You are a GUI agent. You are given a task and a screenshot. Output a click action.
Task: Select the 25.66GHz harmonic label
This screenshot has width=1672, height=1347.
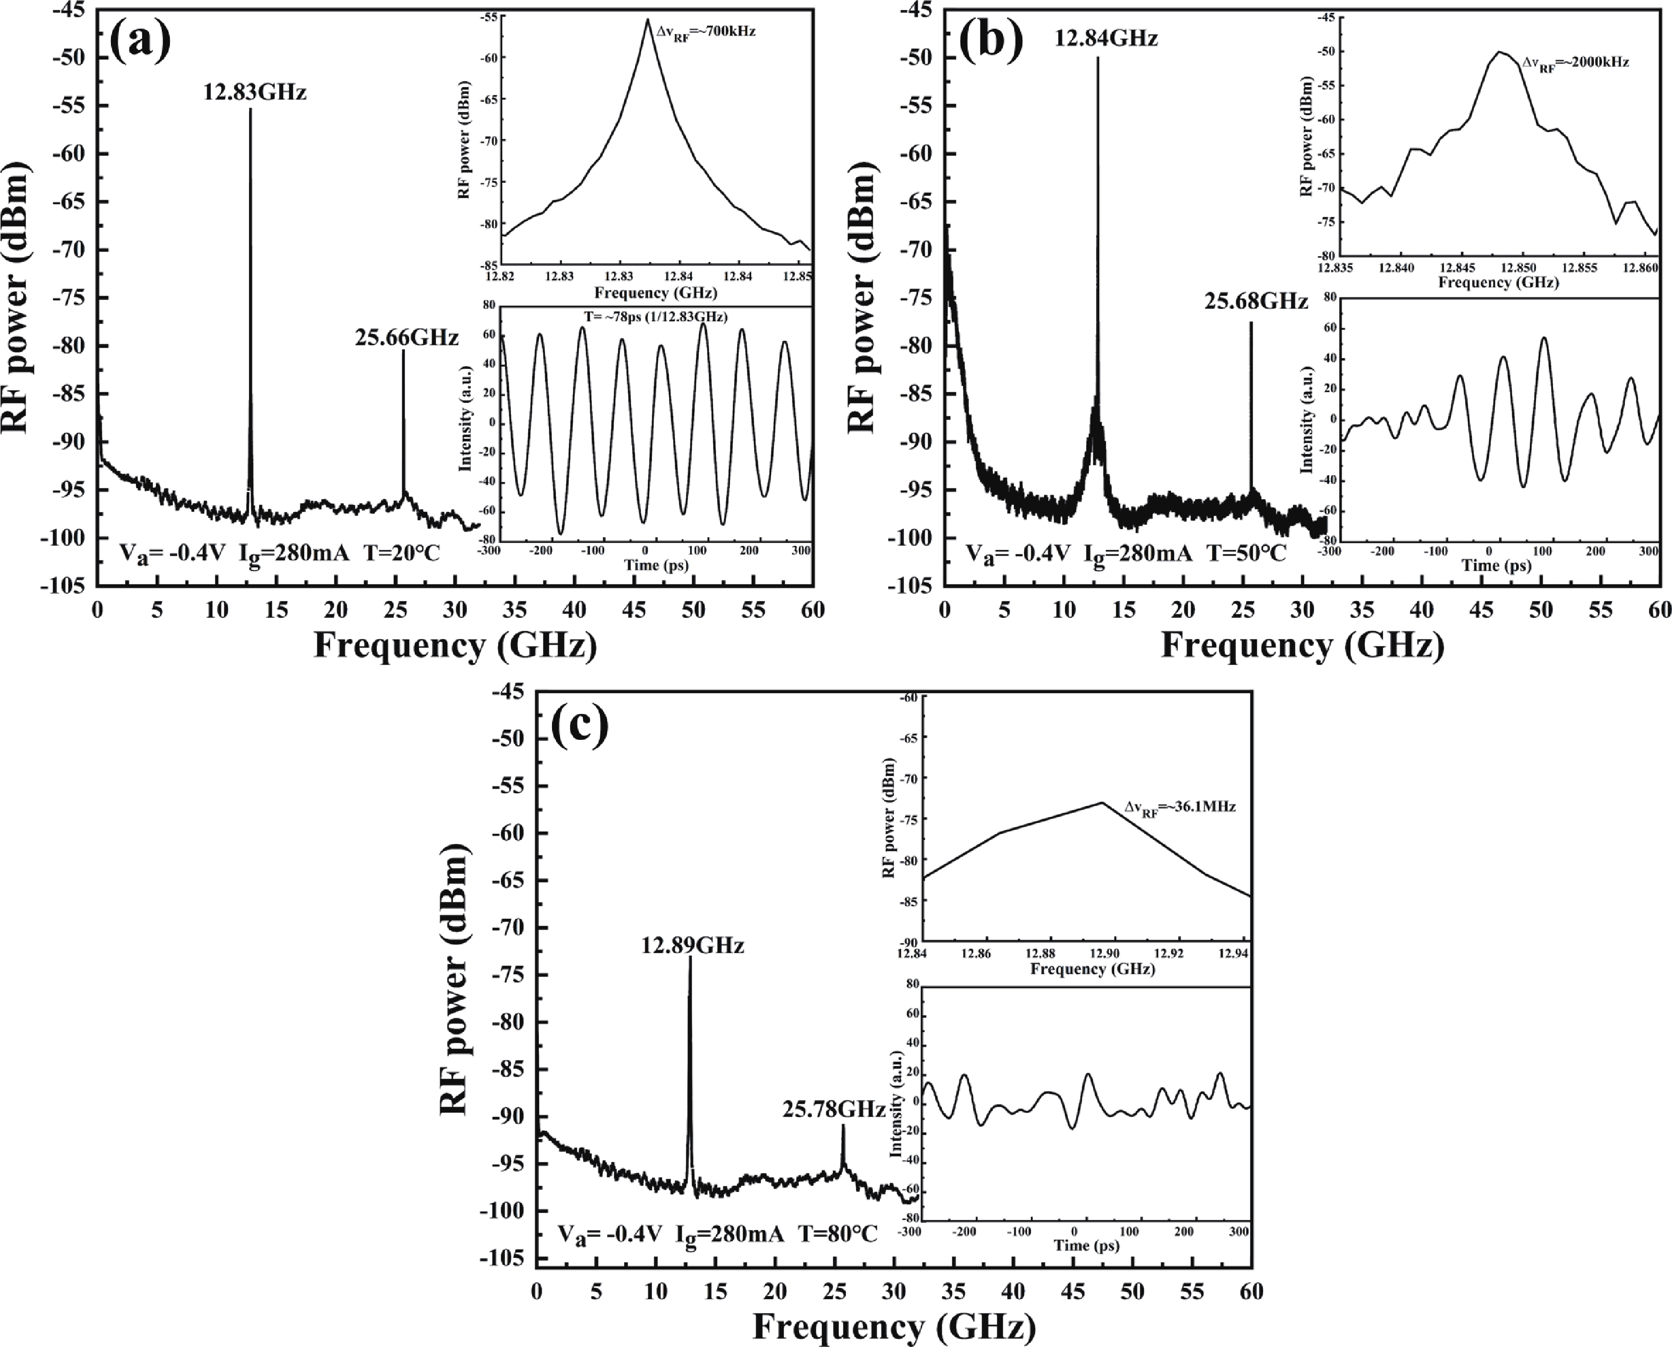click(x=407, y=338)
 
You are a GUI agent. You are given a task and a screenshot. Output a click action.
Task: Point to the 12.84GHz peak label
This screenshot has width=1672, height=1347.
click(x=1106, y=38)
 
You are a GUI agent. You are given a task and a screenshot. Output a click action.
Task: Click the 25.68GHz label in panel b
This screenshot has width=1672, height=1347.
click(x=1256, y=301)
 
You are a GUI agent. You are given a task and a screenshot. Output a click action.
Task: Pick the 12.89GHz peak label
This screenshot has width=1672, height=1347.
click(x=692, y=945)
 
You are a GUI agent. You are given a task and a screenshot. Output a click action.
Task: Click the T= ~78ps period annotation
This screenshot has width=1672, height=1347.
click(x=656, y=316)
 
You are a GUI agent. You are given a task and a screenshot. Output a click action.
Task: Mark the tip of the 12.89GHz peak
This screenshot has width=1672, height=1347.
click(x=689, y=957)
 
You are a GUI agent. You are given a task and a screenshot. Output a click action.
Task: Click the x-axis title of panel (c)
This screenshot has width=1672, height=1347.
click(x=894, y=1326)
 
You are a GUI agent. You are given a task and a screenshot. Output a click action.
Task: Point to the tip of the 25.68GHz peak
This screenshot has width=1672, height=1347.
click(x=1251, y=323)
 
